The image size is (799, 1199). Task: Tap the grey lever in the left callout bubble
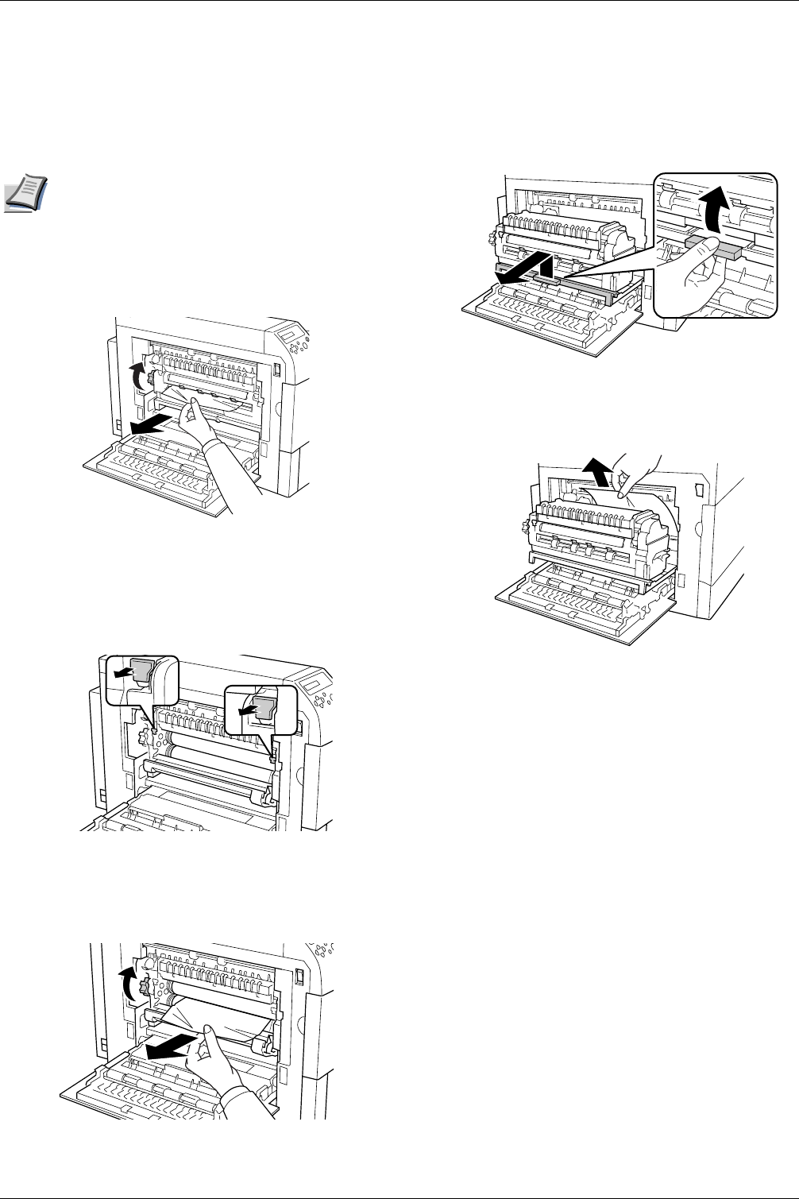pos(142,673)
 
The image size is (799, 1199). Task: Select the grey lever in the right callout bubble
pos(264,706)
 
